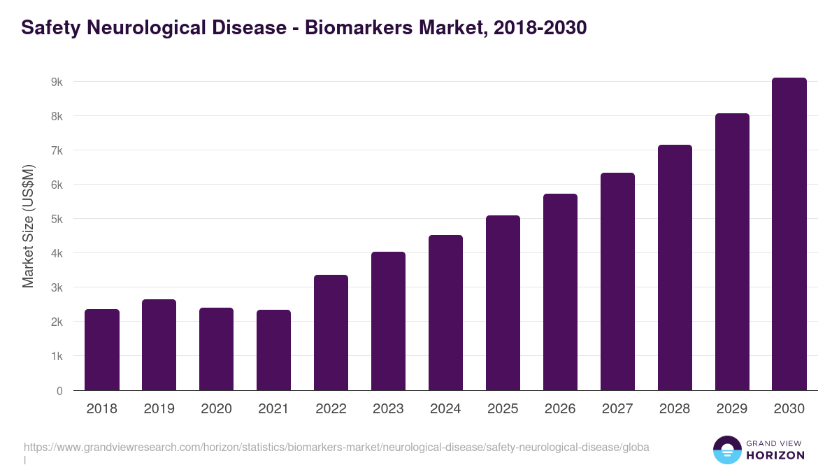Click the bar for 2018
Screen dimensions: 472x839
(x=102, y=350)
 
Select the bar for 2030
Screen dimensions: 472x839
(x=789, y=234)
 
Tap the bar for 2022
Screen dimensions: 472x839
(x=331, y=333)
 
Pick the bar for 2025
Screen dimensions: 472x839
(x=503, y=303)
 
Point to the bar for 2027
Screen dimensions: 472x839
(x=617, y=282)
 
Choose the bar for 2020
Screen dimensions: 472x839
(x=216, y=349)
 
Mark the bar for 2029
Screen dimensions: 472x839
(x=732, y=252)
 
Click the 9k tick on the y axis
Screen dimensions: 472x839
(x=57, y=82)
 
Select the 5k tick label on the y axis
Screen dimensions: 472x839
(x=57, y=219)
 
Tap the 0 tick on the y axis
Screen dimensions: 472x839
(x=59, y=391)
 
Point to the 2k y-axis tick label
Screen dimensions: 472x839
(x=57, y=322)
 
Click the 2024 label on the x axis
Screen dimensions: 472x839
(x=445, y=409)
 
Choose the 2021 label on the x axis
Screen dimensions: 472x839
(x=273, y=409)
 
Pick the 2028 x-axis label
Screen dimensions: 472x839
(x=675, y=409)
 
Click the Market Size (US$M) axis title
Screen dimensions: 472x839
(x=28, y=226)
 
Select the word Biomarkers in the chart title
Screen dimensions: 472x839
(x=355, y=28)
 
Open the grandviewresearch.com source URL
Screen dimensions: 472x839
(x=336, y=447)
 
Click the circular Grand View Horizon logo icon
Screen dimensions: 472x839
(x=726, y=450)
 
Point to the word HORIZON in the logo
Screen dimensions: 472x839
(x=775, y=455)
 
